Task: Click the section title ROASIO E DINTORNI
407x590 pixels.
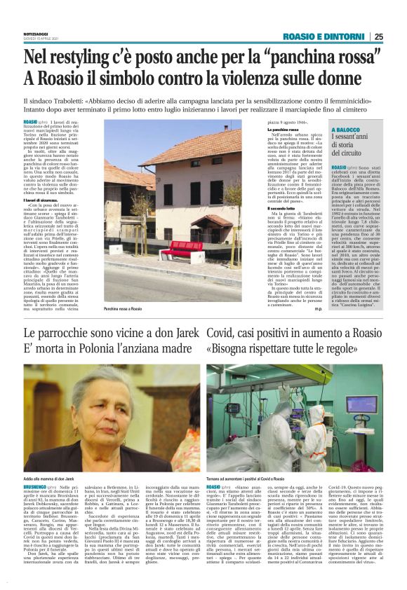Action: point(325,37)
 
